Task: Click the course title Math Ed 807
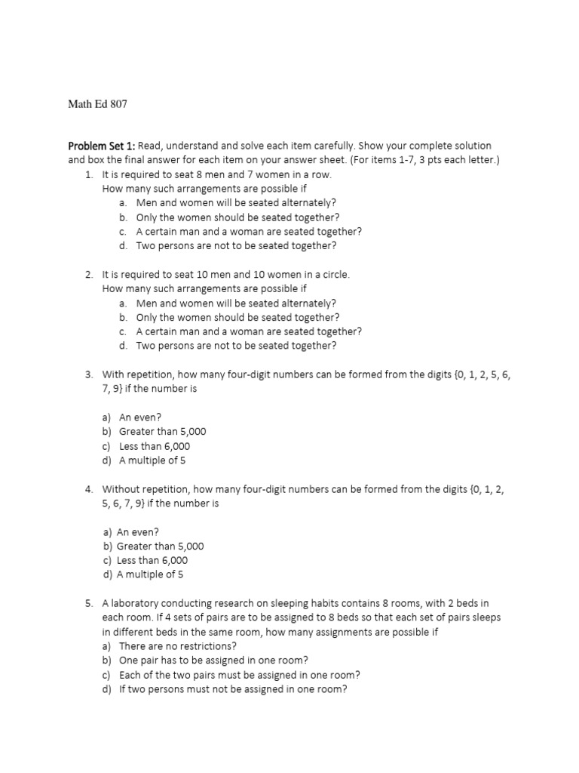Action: coord(98,104)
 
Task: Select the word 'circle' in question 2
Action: coord(335,275)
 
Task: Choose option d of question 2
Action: coord(236,346)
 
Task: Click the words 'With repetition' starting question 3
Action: coord(136,374)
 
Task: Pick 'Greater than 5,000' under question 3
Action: coord(162,432)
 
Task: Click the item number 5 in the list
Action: coord(88,603)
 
